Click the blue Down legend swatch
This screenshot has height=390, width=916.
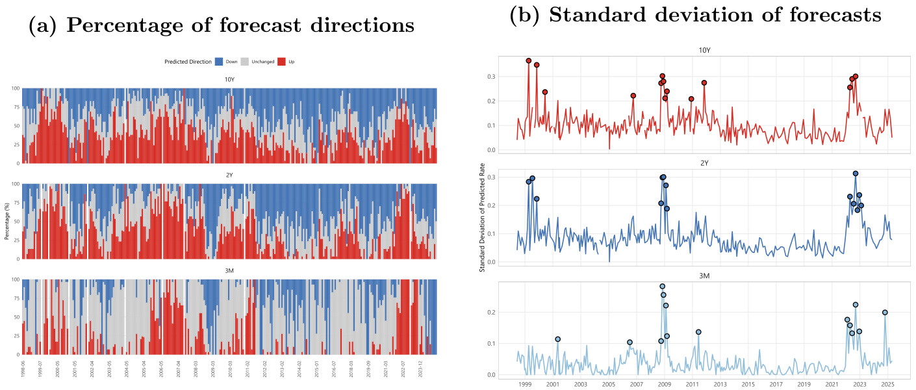pyautogui.click(x=220, y=62)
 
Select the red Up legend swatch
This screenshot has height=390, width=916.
pyautogui.click(x=281, y=62)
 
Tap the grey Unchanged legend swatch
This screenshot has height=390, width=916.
pyautogui.click(x=245, y=62)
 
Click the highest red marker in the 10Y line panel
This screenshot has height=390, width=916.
pyautogui.click(x=529, y=61)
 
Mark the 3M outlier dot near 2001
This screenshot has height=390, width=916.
pyautogui.click(x=557, y=339)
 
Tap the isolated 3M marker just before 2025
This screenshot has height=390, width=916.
pyautogui.click(x=885, y=313)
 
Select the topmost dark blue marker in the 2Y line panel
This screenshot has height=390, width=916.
pyautogui.click(x=856, y=174)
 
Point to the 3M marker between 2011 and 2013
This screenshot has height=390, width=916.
pyautogui.click(x=698, y=332)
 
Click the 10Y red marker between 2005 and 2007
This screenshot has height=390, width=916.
pyautogui.click(x=633, y=96)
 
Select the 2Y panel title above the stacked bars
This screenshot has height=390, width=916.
pyautogui.click(x=229, y=177)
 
